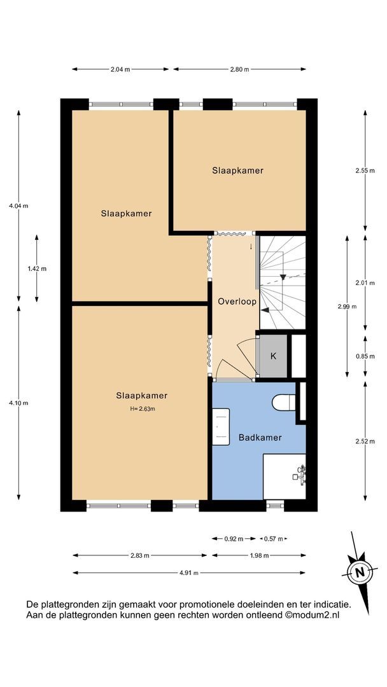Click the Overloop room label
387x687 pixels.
click(x=237, y=302)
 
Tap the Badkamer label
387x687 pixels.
click(x=260, y=438)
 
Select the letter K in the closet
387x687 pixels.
click(x=273, y=356)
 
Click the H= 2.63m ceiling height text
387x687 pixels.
click(x=141, y=408)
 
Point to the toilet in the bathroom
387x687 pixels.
click(x=282, y=403)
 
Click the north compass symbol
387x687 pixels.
click(x=360, y=571)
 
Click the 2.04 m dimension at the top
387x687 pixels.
click(x=121, y=69)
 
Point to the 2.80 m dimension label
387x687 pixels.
click(x=239, y=69)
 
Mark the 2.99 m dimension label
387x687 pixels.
click(x=347, y=307)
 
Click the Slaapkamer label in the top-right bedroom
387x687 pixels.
click(x=237, y=170)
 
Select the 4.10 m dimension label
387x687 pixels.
click(x=18, y=403)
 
